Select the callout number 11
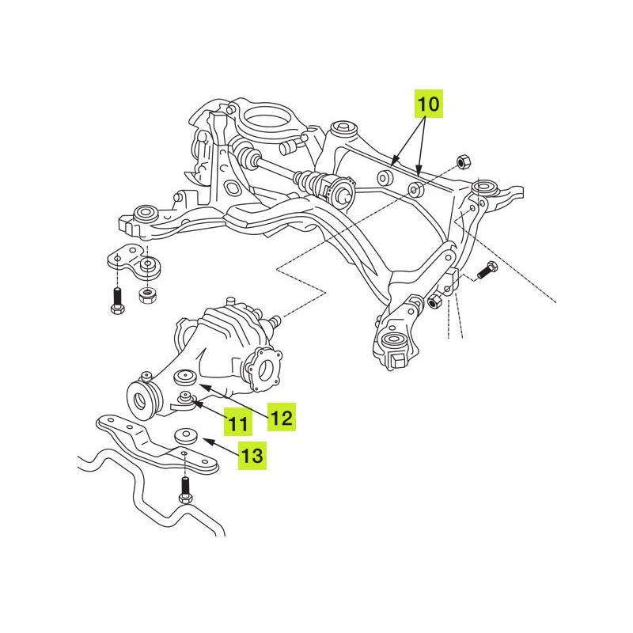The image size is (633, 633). (237, 423)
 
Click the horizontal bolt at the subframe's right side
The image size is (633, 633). (486, 271)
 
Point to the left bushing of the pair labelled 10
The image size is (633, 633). (385, 177)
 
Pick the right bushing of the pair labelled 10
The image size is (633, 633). (413, 191)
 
